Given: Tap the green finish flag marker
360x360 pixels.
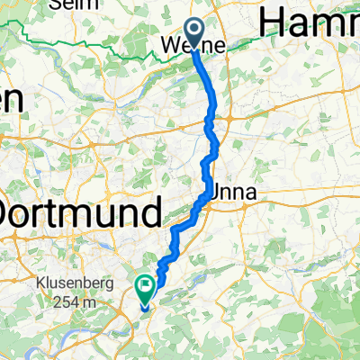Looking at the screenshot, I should coord(145,287).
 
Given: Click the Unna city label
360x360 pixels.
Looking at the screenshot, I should coord(233,193).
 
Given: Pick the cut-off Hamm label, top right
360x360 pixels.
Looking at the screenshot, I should coord(310,21).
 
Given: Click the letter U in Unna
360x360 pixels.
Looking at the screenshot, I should coord(219,193).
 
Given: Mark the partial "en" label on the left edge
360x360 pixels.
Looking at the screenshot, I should coord(11,100).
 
